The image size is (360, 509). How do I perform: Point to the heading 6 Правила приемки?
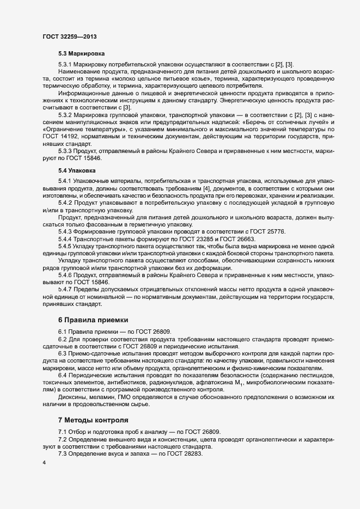96,318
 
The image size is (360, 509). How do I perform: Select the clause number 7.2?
63,438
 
